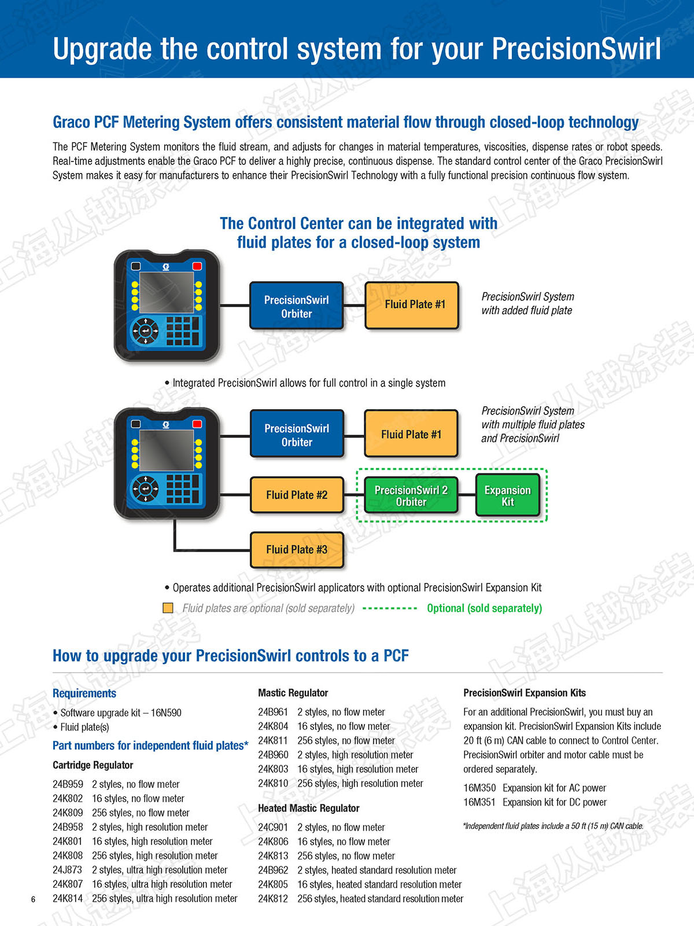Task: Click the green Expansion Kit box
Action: click(x=507, y=495)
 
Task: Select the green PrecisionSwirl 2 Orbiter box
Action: click(x=411, y=495)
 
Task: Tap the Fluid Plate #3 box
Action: click(x=297, y=549)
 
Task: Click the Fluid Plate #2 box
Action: click(x=297, y=495)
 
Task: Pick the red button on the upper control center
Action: click(x=197, y=266)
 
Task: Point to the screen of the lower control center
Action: click(x=167, y=450)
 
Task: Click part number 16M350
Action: click(x=479, y=788)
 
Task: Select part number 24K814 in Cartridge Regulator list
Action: click(x=68, y=898)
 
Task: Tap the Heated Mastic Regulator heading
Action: click(x=308, y=808)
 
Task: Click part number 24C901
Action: click(x=273, y=827)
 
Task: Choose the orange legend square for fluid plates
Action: click(x=168, y=608)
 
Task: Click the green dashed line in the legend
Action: click(x=390, y=608)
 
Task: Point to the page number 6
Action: click(x=33, y=899)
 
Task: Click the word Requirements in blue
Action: click(x=84, y=693)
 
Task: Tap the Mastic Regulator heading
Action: click(x=293, y=693)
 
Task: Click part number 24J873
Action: click(x=68, y=870)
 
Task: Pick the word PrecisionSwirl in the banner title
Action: click(x=576, y=49)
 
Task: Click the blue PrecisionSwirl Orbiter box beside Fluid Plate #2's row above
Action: click(x=297, y=435)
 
